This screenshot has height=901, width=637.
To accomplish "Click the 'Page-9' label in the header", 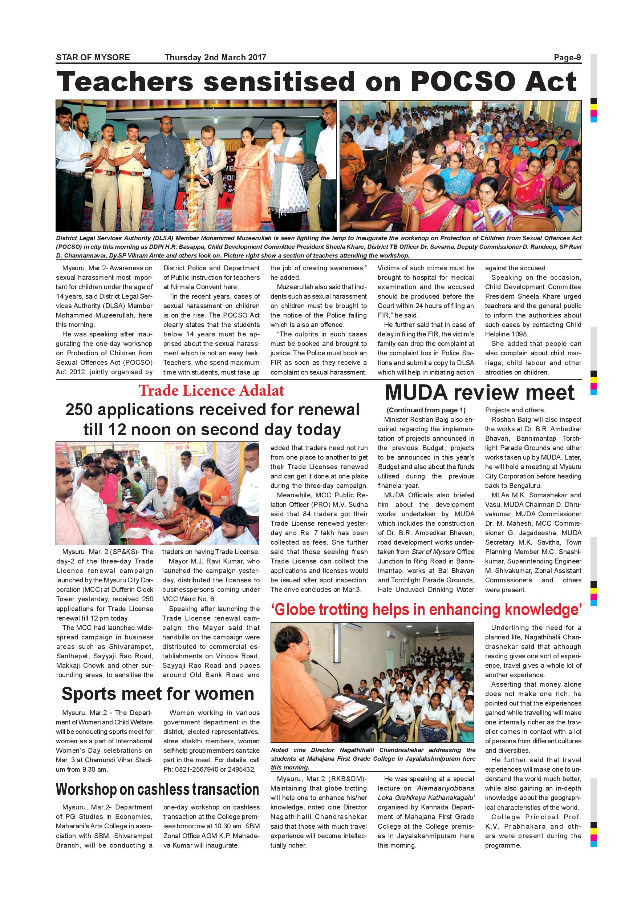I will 567,57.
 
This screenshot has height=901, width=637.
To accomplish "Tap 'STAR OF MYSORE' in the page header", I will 93,57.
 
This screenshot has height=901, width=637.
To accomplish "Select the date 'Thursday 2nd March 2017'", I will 215,57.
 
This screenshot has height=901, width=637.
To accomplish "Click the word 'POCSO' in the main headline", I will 462,82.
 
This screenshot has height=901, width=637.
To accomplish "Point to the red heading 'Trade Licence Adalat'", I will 211,391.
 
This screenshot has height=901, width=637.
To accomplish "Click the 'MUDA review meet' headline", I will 479,392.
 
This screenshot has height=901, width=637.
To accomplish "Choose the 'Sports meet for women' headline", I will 158,694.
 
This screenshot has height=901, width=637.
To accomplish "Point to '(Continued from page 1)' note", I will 426,410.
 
